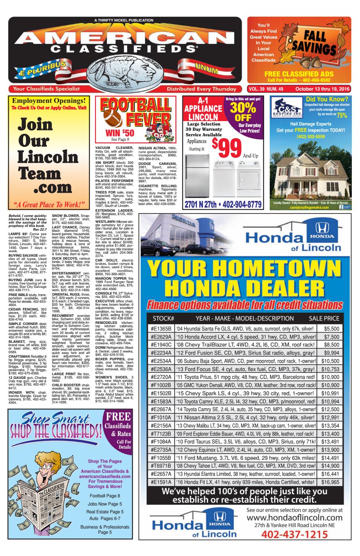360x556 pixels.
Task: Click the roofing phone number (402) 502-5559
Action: coord(310,136)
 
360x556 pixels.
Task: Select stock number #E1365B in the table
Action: coord(161,329)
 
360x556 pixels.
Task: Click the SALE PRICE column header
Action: coord(334,318)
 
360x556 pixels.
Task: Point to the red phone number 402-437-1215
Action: coord(295,535)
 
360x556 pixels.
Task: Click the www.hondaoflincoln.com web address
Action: coord(295,517)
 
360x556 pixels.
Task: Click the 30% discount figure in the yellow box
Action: coord(242,108)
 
